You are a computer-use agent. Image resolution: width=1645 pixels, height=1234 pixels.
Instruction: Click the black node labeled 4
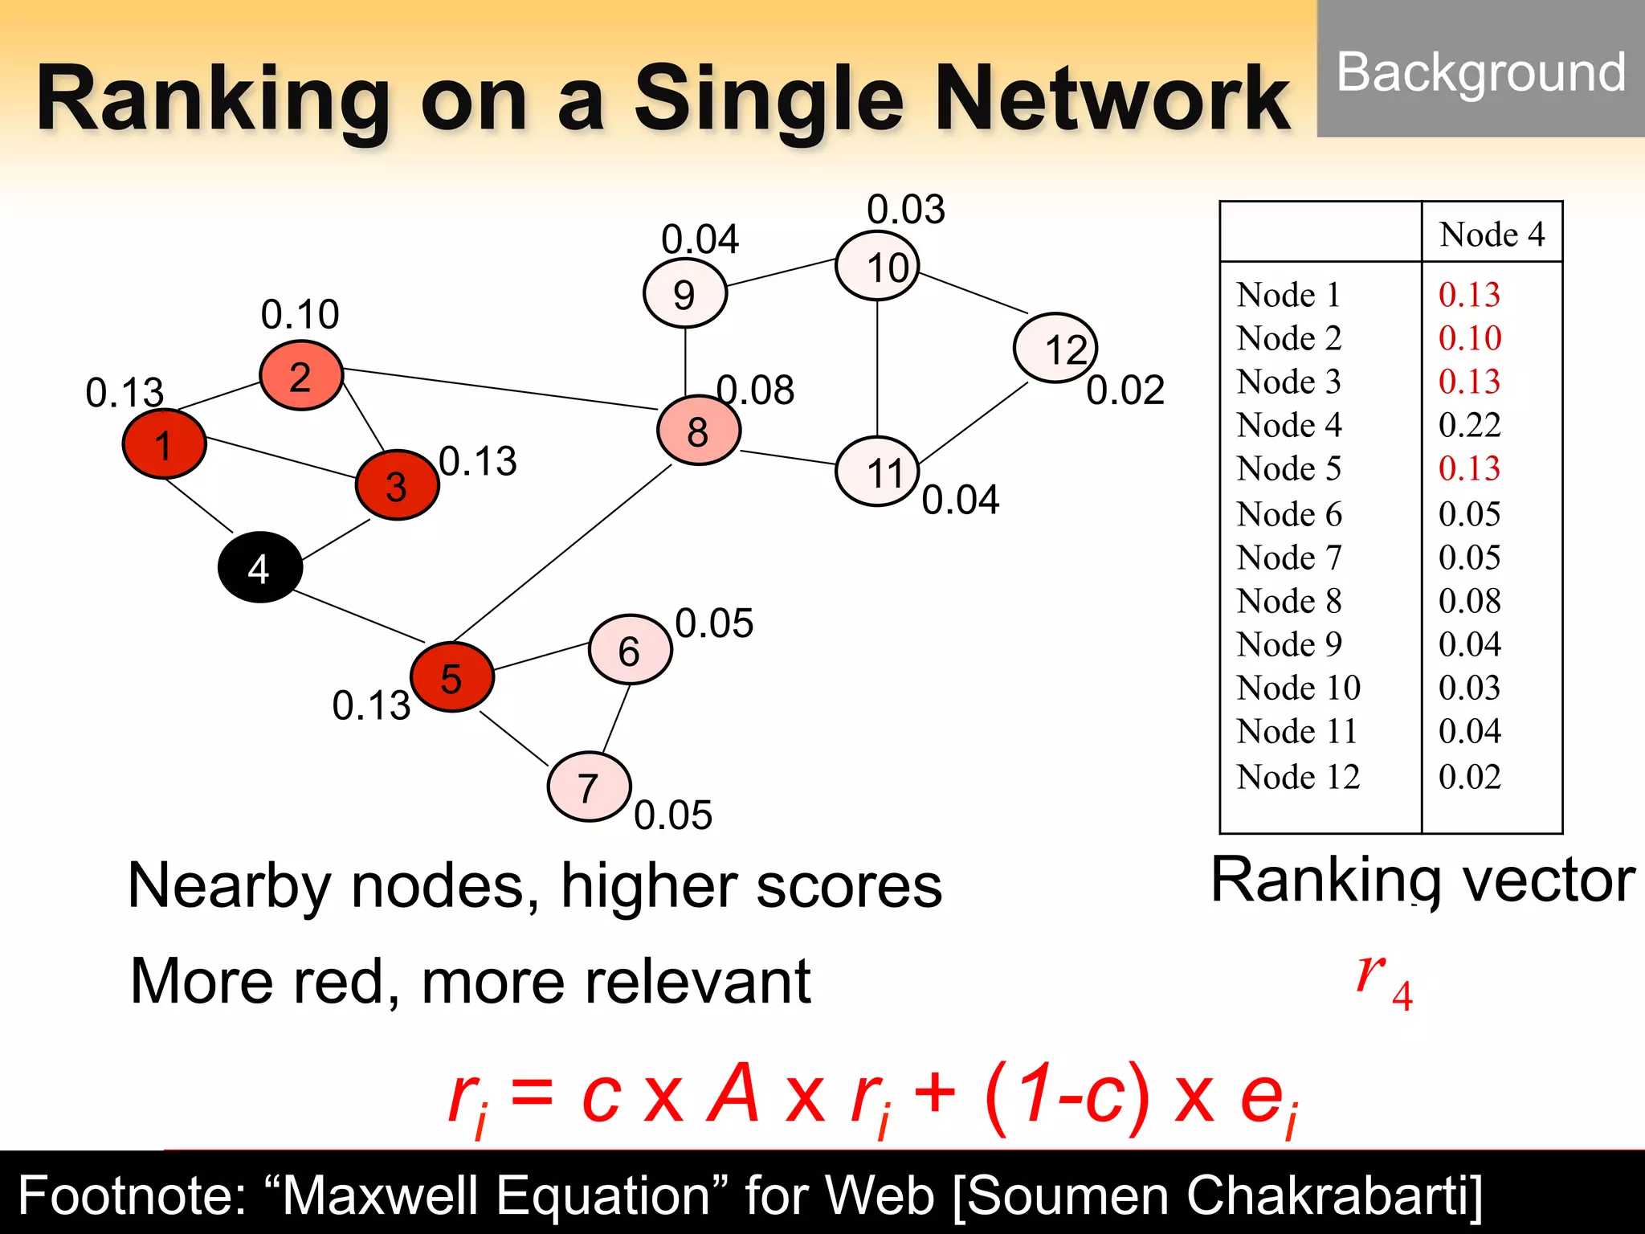point(259,567)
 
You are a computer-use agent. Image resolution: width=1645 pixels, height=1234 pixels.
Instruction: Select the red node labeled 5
point(451,677)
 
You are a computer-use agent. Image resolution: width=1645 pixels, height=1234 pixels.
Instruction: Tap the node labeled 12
point(1055,349)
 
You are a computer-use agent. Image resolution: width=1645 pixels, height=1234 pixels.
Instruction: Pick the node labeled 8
point(698,431)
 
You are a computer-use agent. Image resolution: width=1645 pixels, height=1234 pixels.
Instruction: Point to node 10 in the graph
point(877,266)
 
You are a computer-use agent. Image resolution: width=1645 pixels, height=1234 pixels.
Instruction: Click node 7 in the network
point(589,787)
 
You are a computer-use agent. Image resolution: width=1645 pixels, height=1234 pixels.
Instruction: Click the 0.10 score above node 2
point(300,314)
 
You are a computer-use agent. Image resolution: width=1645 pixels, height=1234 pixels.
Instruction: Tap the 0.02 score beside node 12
point(1125,390)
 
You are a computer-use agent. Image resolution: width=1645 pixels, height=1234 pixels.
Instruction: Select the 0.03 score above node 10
point(906,210)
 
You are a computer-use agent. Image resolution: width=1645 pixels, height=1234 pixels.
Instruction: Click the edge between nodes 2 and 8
point(498,389)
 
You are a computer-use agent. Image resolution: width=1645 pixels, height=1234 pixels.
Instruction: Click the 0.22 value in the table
point(1469,425)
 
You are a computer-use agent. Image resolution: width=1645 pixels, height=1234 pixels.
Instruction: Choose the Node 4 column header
point(1492,235)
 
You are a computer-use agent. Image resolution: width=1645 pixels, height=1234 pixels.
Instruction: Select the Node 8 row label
point(1289,601)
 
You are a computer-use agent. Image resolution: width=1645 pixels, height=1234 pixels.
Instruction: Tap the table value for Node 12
point(1469,777)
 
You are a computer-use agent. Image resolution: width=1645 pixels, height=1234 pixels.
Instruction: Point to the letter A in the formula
point(733,1094)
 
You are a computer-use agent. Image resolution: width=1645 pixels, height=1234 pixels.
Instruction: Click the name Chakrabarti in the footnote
point(1333,1195)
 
